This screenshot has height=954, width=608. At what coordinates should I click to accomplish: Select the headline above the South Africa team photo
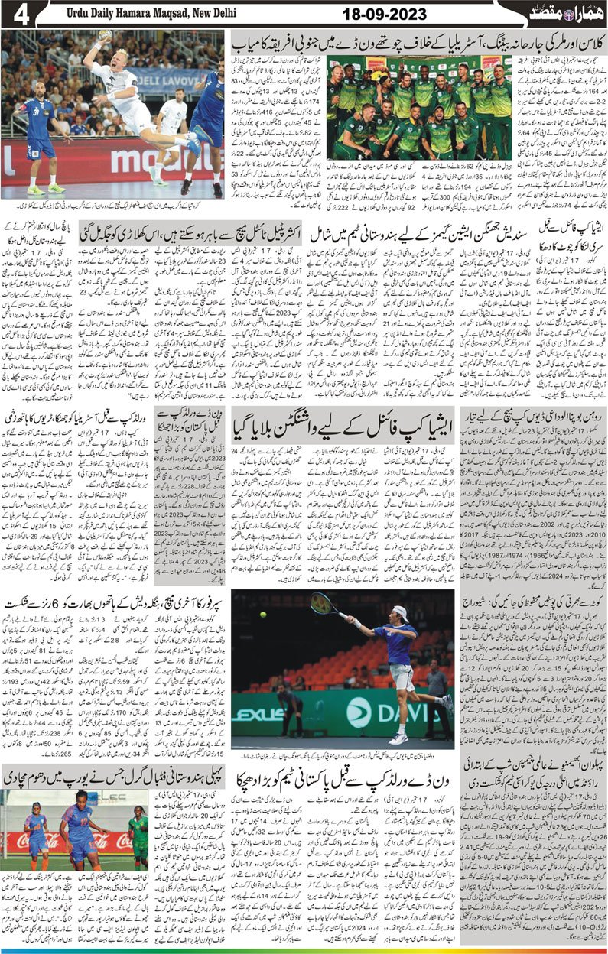(417, 41)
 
